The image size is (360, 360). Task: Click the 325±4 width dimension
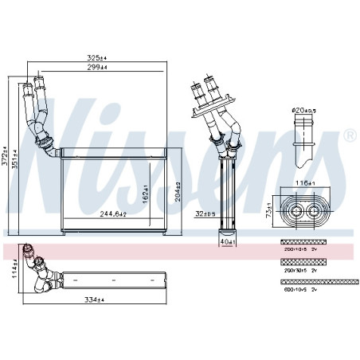[x=97, y=58]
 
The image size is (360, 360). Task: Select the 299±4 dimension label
[x=97, y=69]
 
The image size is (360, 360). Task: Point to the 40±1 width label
[x=226, y=241]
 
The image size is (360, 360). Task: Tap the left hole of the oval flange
[x=296, y=211]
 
